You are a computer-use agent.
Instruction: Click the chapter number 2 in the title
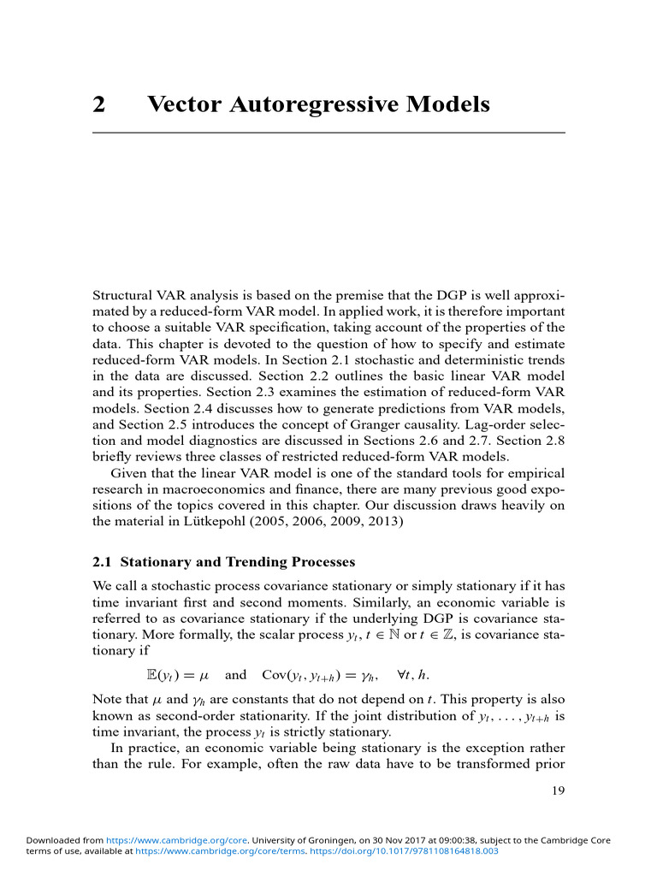(x=98, y=105)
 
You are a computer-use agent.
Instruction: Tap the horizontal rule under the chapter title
(x=328, y=133)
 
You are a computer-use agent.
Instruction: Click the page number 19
(x=558, y=790)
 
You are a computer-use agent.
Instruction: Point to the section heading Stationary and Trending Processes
(x=237, y=563)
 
